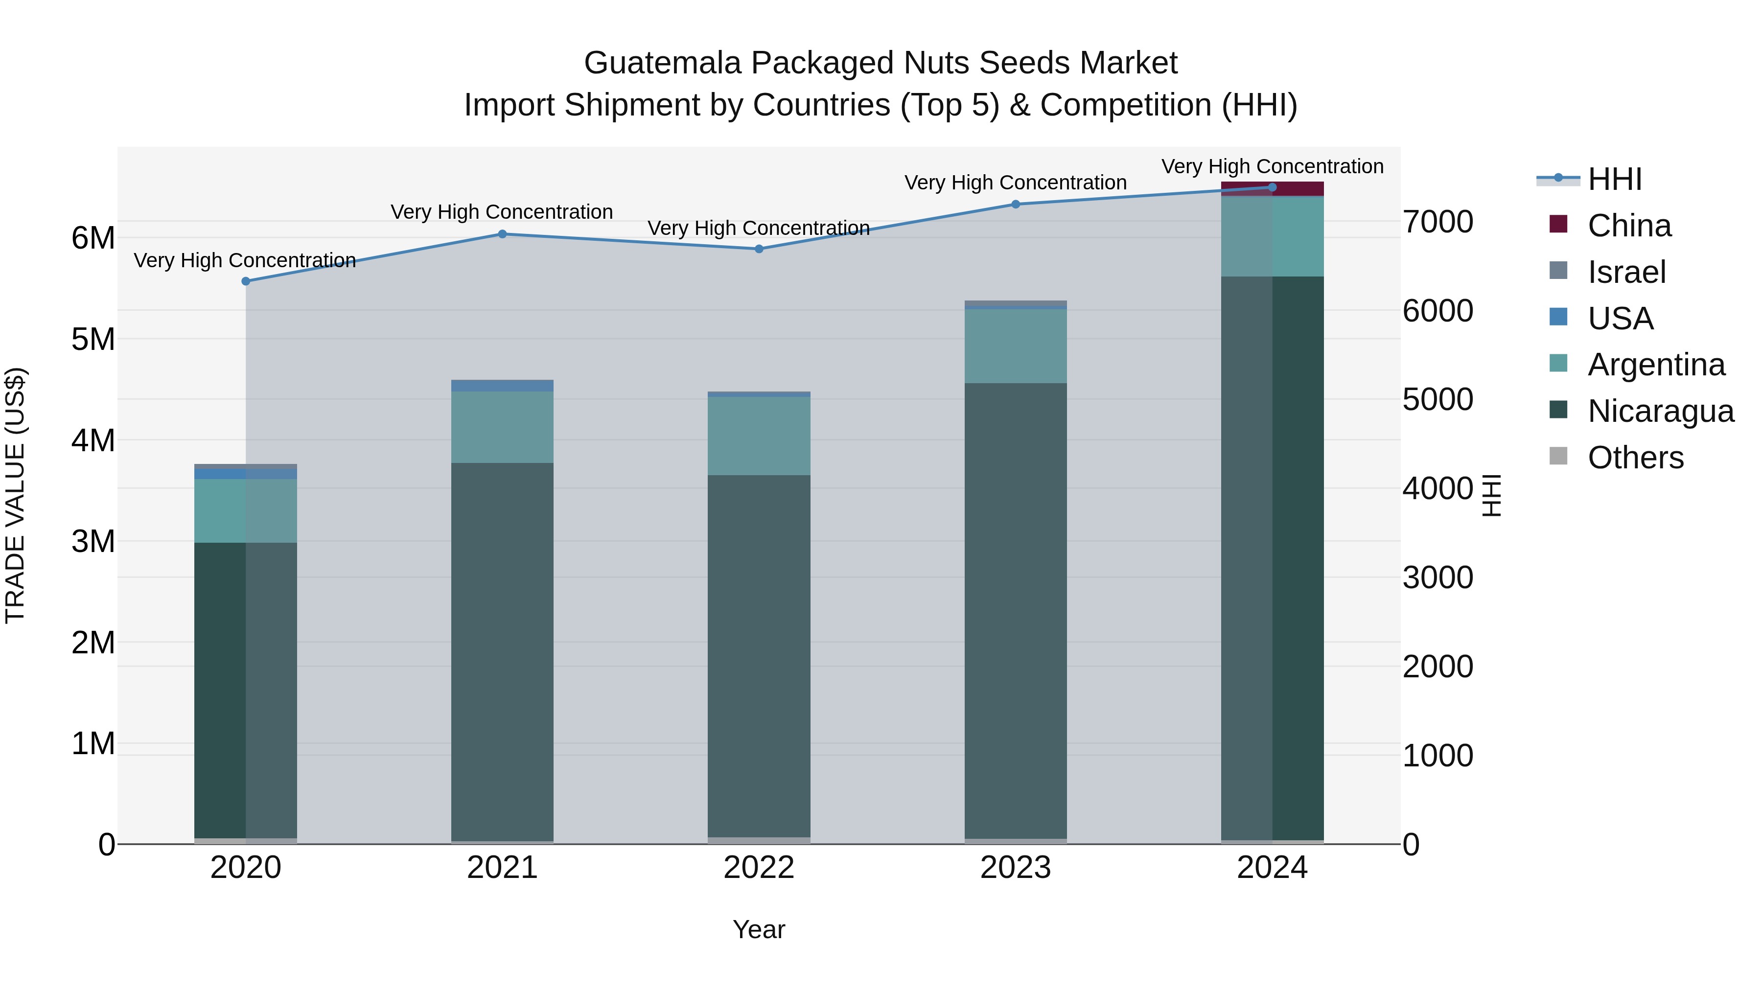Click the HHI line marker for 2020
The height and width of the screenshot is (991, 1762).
tap(246, 281)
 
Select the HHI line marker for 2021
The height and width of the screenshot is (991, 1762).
tap(502, 234)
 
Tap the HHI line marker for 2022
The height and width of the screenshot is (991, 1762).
tap(759, 249)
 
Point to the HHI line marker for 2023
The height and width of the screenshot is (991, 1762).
tap(1015, 204)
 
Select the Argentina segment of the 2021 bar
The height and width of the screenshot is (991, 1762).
tap(502, 427)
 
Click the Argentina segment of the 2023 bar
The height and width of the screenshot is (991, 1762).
tap(1015, 346)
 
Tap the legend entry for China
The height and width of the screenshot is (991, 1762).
tap(1628, 226)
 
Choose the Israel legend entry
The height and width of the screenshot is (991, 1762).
tap(1626, 272)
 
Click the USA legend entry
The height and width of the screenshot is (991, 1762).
tap(1620, 319)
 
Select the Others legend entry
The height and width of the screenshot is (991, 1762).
tap(1635, 458)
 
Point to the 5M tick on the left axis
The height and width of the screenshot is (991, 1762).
tap(93, 339)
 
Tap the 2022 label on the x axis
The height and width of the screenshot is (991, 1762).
tap(759, 868)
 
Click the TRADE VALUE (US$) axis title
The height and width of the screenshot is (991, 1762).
tap(16, 495)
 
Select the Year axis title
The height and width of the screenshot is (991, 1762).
tap(759, 929)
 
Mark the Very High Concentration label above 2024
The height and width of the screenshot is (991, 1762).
tap(1272, 166)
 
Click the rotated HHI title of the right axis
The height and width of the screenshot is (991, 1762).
tap(1492, 495)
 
